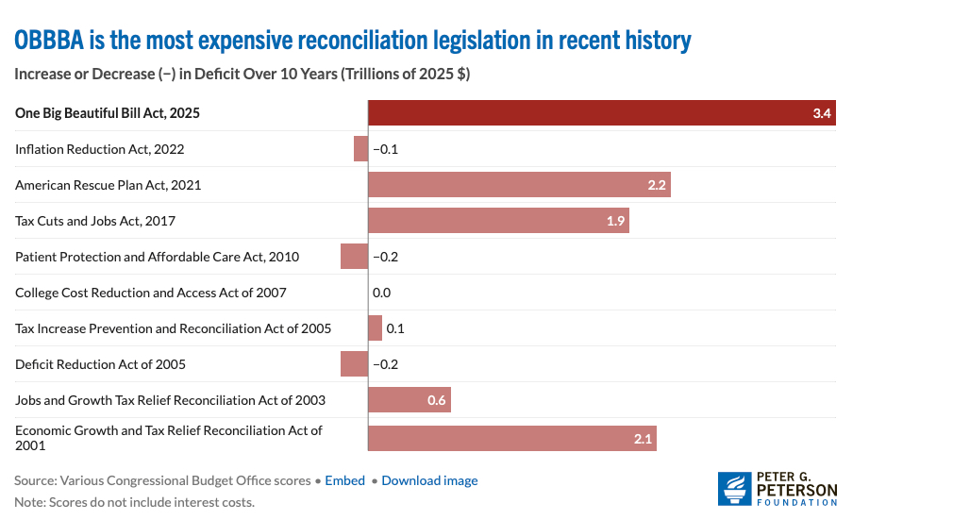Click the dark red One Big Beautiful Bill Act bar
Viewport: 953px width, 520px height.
(601, 113)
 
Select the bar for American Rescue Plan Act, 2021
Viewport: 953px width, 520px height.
(519, 185)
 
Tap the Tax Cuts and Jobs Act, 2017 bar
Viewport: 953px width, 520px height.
(498, 221)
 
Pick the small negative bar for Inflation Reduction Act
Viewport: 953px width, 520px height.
(360, 149)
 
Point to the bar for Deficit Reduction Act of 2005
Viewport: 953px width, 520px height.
(354, 364)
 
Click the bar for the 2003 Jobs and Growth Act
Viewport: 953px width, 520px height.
(409, 400)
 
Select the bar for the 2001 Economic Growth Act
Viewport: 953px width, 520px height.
(511, 438)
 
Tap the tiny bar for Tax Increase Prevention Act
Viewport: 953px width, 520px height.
(375, 328)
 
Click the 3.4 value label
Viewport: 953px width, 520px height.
(821, 114)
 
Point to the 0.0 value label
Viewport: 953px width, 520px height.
(381, 293)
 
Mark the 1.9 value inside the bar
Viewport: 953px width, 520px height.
(613, 221)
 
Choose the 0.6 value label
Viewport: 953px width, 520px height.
(436, 400)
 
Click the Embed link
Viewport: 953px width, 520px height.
(344, 480)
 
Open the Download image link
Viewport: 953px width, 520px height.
(429, 480)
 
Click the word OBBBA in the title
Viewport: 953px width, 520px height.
(47, 41)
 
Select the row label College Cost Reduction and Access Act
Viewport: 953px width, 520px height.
(151, 293)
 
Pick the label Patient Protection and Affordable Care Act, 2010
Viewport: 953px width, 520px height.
(156, 257)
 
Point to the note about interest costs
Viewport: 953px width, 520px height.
(134, 502)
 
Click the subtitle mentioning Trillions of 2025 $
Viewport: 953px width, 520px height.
(242, 74)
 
